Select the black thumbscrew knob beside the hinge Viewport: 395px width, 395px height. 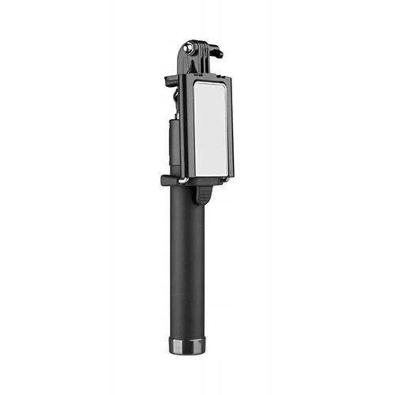tap(216, 54)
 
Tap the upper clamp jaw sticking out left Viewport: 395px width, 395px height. tap(171, 80)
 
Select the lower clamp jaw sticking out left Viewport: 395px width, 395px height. tap(167, 180)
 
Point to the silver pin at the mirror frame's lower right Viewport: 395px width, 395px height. tap(229, 175)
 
